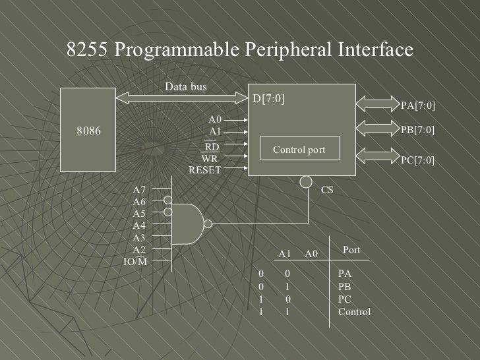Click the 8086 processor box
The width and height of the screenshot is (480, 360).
click(88, 131)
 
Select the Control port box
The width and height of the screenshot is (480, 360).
click(299, 149)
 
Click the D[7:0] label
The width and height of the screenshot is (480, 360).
click(269, 99)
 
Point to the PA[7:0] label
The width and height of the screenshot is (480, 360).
click(418, 105)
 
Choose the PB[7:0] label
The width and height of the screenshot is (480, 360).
click(418, 130)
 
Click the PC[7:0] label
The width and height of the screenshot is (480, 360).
click(418, 160)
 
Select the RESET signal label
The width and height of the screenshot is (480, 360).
click(205, 170)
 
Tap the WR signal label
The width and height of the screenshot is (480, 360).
click(210, 158)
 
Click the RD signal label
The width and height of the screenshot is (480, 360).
click(212, 146)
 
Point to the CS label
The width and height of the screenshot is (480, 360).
click(327, 190)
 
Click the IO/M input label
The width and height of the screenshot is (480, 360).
click(135, 262)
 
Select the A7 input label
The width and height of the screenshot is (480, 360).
click(139, 190)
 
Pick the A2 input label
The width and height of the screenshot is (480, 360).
click(139, 250)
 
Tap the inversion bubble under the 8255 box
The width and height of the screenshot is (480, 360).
click(306, 181)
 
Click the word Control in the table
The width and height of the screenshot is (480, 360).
click(354, 312)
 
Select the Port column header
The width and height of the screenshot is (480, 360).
click(351, 250)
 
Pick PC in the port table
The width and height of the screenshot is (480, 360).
click(344, 299)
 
